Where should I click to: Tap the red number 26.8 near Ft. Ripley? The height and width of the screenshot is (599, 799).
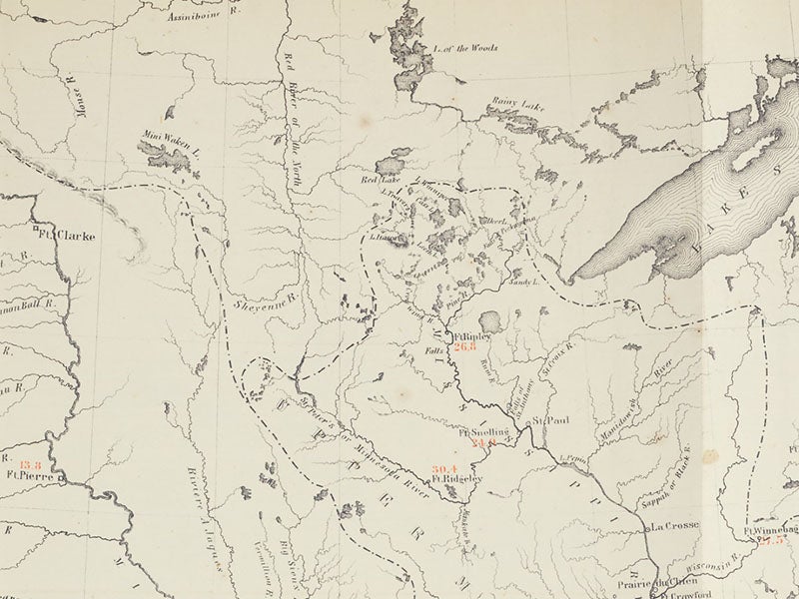(x=465, y=347)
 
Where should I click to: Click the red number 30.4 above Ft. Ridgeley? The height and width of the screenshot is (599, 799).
(x=444, y=468)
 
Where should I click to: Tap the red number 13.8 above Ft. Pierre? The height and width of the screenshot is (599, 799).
(x=30, y=464)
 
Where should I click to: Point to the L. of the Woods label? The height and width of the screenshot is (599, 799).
(x=465, y=47)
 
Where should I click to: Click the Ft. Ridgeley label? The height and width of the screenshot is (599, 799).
(x=457, y=480)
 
